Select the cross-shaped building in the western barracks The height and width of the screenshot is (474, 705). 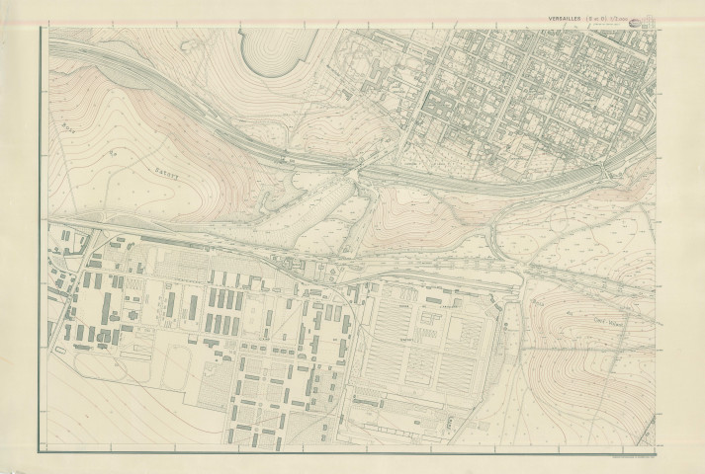tap(128, 316)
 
